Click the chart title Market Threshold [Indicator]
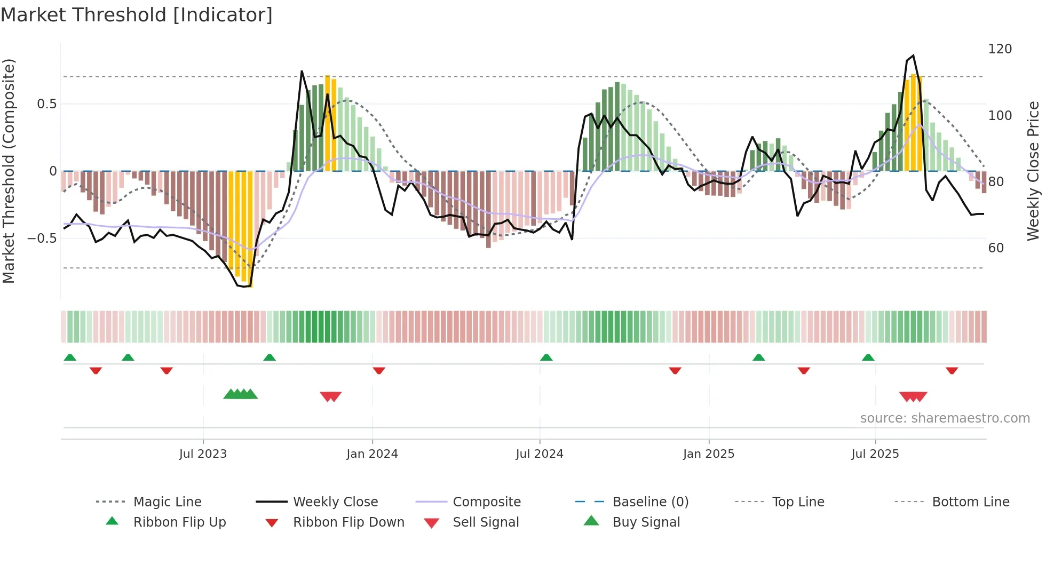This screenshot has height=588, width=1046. coord(137,15)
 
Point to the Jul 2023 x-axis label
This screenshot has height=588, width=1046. coord(203,454)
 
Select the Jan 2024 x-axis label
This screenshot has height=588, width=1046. coord(372,454)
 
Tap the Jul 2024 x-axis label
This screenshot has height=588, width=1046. coord(540,454)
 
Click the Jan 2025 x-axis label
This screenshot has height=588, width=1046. coord(709,454)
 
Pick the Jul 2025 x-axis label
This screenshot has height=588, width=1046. coord(875,454)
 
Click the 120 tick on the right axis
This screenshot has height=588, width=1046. coord(1000,49)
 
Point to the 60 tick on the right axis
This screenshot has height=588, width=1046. coord(996,248)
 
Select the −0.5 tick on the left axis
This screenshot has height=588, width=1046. coord(42,238)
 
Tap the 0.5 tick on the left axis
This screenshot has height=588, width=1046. coord(46,104)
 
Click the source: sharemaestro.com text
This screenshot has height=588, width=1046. coord(945,418)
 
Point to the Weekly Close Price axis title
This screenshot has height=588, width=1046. coord(1033,171)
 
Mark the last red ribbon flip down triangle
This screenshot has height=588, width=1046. coord(952,370)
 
